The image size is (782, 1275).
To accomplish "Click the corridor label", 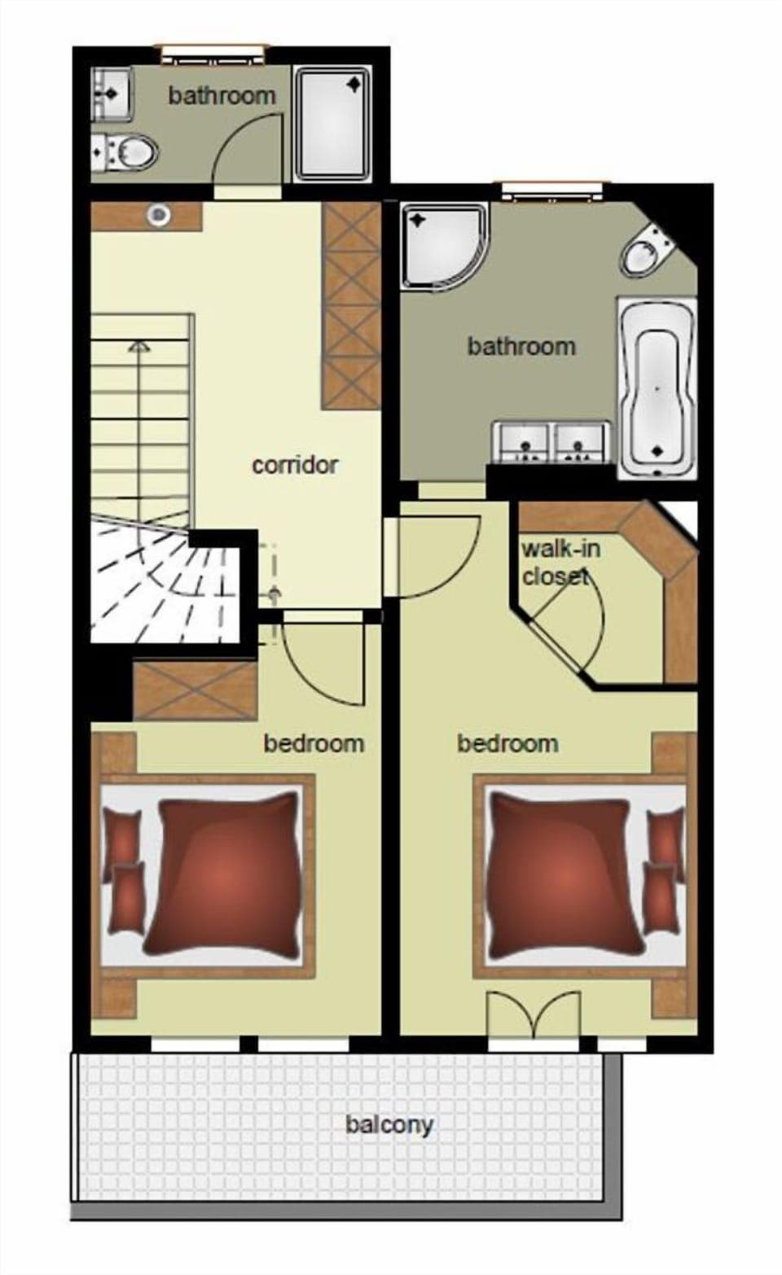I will (294, 465).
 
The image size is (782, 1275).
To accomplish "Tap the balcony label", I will (389, 1124).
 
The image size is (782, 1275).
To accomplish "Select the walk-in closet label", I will (560, 562).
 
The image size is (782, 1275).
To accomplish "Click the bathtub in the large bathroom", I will (657, 388).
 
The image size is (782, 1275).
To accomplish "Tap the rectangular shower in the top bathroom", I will (332, 124).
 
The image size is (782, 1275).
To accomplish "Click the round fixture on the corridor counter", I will (159, 215).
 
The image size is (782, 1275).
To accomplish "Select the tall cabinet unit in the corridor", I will (351, 305).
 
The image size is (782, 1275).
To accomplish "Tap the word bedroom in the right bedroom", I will (507, 743).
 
